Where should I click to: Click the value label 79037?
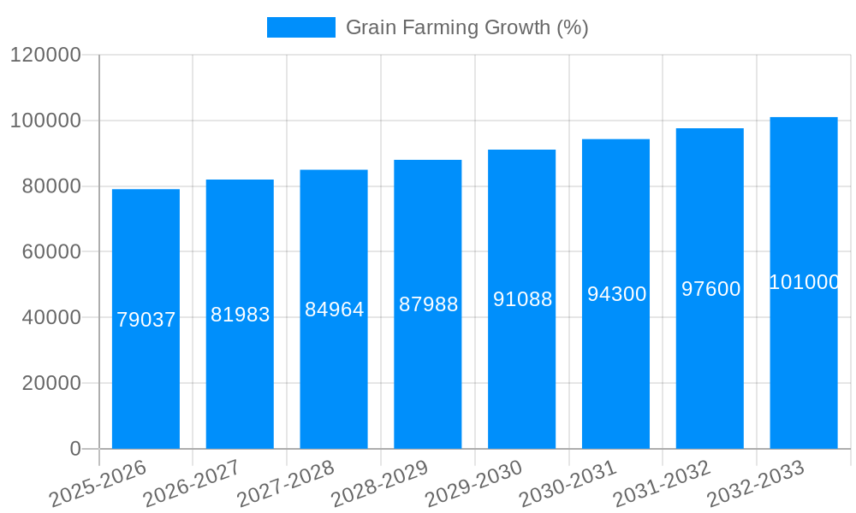click(146, 320)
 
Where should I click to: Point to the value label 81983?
click(240, 315)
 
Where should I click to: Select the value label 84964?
click(334, 310)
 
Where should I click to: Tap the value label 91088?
click(522, 299)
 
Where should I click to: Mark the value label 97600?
click(710, 289)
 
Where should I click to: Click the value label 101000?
click(804, 282)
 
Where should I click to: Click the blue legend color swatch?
click(300, 27)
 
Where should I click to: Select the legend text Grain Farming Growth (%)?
click(467, 27)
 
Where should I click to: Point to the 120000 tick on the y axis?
click(45, 56)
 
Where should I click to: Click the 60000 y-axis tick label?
click(51, 252)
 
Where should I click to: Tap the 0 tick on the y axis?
click(74, 449)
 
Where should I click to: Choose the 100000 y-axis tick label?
click(45, 121)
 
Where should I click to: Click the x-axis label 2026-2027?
click(190, 484)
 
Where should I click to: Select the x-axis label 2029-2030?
click(473, 484)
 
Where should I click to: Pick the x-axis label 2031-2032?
click(661, 484)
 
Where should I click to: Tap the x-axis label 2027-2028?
click(284, 484)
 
